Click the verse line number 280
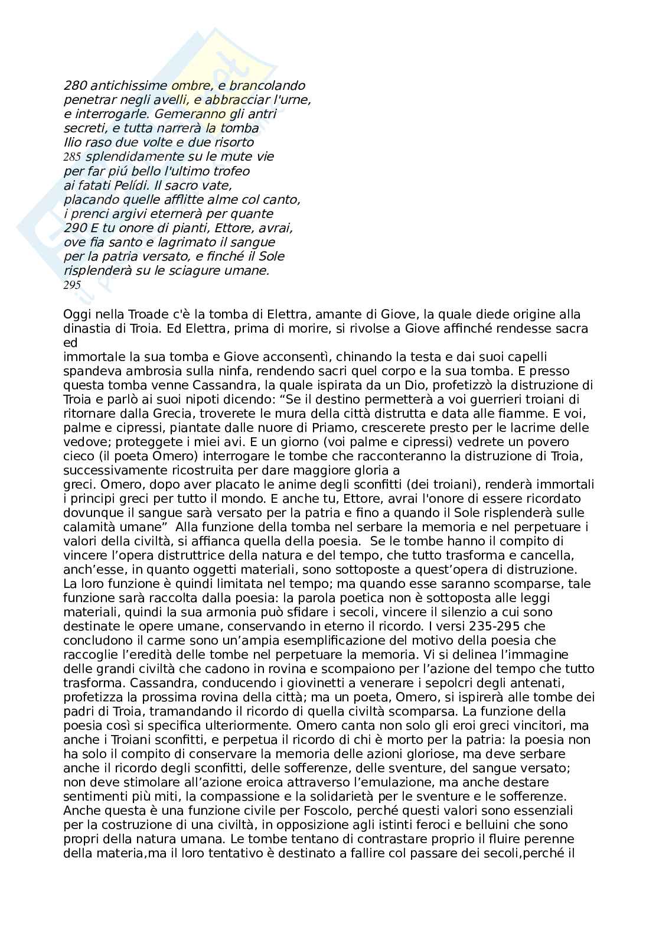[x=73, y=86]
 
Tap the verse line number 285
[x=72, y=157]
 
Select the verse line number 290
[x=73, y=228]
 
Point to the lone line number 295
[x=72, y=285]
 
